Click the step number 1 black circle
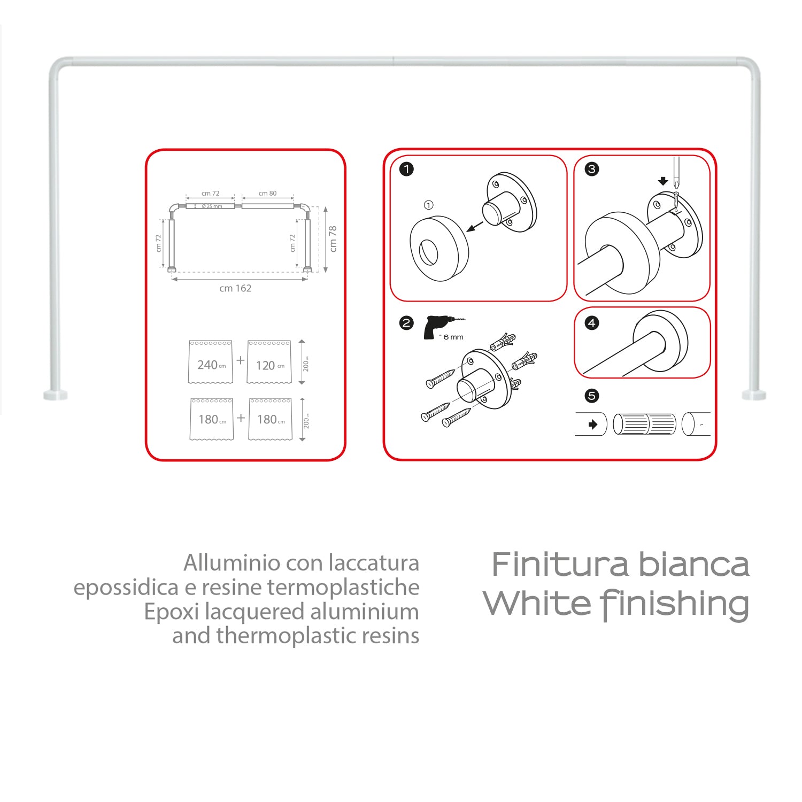click(406, 169)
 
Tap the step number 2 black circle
click(406, 323)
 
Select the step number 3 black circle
click(591, 169)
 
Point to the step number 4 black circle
click(591, 323)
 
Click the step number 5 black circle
click(591, 396)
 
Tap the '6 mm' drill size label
click(453, 337)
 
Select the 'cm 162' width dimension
click(235, 288)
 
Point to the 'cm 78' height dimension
click(333, 238)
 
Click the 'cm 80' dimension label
click(267, 194)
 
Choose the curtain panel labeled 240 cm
click(211, 362)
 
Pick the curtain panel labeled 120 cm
click(269, 362)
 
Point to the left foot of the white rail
click(56, 395)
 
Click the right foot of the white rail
click(754, 395)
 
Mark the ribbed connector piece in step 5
click(644, 424)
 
